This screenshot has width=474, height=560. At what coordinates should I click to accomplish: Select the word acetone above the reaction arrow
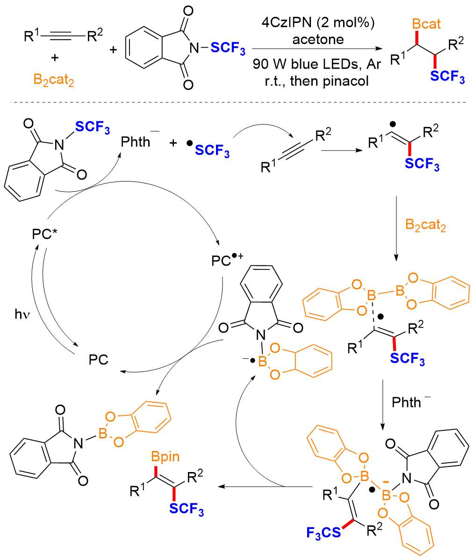[x=318, y=39]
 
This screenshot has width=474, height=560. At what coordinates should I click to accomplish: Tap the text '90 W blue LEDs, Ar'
[x=316, y=64]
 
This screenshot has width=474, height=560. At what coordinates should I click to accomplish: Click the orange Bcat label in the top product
[x=426, y=24]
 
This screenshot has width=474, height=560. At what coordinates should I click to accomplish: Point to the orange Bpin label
[x=165, y=457]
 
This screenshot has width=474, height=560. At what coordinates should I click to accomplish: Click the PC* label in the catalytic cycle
[x=44, y=234]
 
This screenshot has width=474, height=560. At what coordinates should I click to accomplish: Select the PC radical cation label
[x=227, y=260]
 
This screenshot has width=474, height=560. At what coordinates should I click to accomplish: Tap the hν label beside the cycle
[x=22, y=314]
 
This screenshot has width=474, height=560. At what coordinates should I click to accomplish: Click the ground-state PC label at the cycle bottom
[x=98, y=360]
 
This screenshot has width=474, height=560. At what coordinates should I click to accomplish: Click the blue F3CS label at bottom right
[x=323, y=533]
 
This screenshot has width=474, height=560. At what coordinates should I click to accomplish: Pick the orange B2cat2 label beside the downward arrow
[x=425, y=225]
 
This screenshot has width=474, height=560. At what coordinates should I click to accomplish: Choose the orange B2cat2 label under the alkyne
[x=54, y=80]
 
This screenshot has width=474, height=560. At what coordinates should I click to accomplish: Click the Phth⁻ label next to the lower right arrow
[x=411, y=402]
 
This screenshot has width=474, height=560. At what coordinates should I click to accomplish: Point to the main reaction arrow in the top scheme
[x=316, y=49]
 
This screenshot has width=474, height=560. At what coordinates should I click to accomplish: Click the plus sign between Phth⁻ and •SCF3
[x=173, y=143]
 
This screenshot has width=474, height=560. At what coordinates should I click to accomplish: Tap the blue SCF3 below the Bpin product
[x=187, y=509]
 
